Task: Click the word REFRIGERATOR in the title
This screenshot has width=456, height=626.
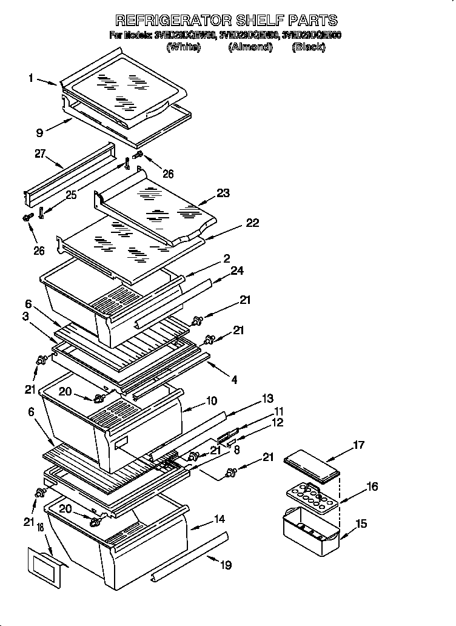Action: [169, 21]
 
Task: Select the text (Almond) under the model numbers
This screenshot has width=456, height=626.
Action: [250, 47]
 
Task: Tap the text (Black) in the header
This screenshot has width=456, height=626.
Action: [308, 47]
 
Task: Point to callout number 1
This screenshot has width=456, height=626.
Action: [30, 78]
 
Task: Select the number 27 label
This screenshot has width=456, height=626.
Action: [40, 154]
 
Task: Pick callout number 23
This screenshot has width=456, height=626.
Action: [223, 194]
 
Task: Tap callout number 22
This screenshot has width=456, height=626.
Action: [252, 223]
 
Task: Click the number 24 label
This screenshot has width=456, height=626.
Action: [236, 271]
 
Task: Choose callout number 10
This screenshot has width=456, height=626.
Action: [211, 401]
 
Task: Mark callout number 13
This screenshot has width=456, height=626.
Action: [267, 398]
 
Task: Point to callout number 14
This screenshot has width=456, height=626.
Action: [219, 519]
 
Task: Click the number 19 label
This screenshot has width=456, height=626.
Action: [226, 565]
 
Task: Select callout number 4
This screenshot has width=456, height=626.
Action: [234, 380]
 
